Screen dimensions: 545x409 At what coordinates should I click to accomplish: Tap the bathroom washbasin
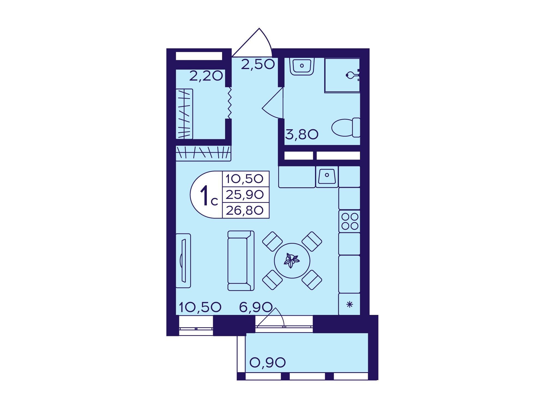pos(302,66)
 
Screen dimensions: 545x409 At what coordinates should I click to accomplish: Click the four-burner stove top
pos(349,221)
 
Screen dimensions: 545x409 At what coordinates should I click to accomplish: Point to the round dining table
pos(292,261)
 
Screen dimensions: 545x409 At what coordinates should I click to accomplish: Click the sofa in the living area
pos(241,260)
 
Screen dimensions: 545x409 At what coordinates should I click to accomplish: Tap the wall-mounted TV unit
pos(183,260)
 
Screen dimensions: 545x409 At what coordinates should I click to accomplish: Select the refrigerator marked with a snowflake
pos(349,304)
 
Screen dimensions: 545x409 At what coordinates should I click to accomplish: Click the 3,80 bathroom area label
pos(302,134)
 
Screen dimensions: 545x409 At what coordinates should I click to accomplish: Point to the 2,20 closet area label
pos(206,76)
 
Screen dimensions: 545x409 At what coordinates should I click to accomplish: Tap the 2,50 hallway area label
pos(258,64)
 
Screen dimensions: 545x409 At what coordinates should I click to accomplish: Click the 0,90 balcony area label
pos(268,362)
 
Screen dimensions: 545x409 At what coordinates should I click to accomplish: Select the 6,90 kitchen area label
pos(256,307)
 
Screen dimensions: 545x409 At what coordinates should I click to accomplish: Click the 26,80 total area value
pos(245,210)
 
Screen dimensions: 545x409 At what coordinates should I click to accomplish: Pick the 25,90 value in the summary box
pos(245,195)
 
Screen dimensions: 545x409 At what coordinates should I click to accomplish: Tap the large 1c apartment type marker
pos(209,195)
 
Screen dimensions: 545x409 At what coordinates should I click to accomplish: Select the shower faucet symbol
pos(353,75)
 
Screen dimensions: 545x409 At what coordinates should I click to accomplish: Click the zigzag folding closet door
pos(229,103)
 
